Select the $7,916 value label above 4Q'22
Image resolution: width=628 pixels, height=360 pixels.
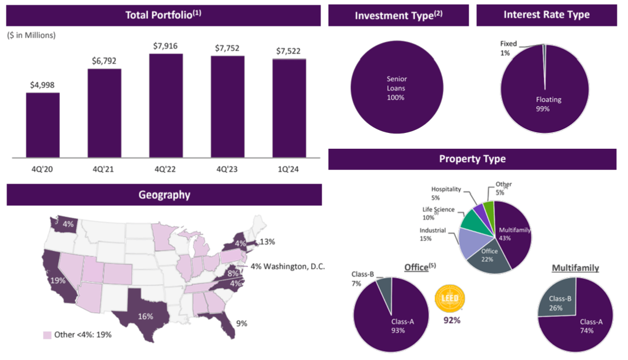pyautogui.click(x=165, y=46)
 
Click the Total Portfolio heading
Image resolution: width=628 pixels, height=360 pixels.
pyautogui.click(x=163, y=15)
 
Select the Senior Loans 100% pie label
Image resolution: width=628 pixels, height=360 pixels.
pyautogui.click(x=396, y=88)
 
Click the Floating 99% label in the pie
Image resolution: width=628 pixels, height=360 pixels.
pyautogui.click(x=549, y=104)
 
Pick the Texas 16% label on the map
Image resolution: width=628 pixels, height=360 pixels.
pyautogui.click(x=145, y=316)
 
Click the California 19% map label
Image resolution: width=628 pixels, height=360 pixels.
pyautogui.click(x=58, y=280)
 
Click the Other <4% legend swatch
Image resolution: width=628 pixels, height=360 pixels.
pyautogui.click(x=47, y=335)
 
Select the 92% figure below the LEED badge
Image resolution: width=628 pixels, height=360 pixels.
pyautogui.click(x=451, y=321)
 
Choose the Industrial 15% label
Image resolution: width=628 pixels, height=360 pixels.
pyautogui.click(x=433, y=234)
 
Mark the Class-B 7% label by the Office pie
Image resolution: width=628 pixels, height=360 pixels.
pyautogui.click(x=360, y=279)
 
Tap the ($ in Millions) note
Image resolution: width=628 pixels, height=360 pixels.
pyautogui.click(x=31, y=35)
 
